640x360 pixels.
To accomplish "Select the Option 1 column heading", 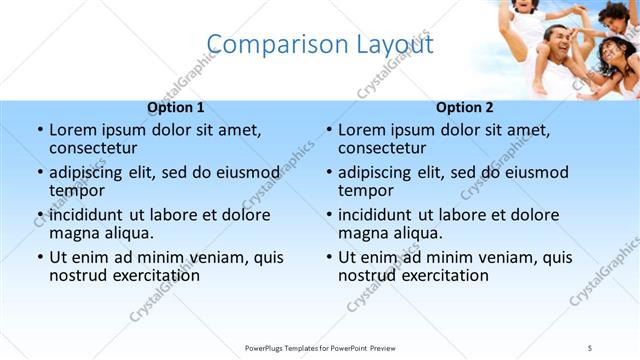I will (176, 107).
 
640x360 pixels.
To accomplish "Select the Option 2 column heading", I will (464, 107).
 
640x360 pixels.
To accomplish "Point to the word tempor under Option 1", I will (76, 190).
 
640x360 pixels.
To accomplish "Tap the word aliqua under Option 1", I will (129, 233).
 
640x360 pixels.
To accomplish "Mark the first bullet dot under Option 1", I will (39, 130).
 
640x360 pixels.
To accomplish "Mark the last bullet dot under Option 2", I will (328, 257).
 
